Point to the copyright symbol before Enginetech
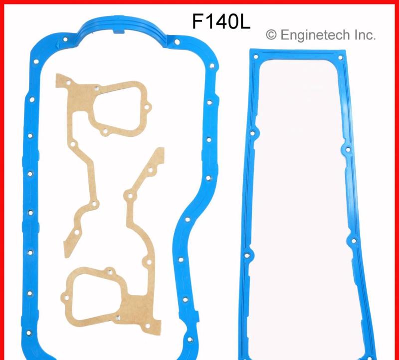pyautogui.click(x=271, y=34)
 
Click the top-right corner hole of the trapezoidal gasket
pyautogui.click(x=341, y=58)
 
